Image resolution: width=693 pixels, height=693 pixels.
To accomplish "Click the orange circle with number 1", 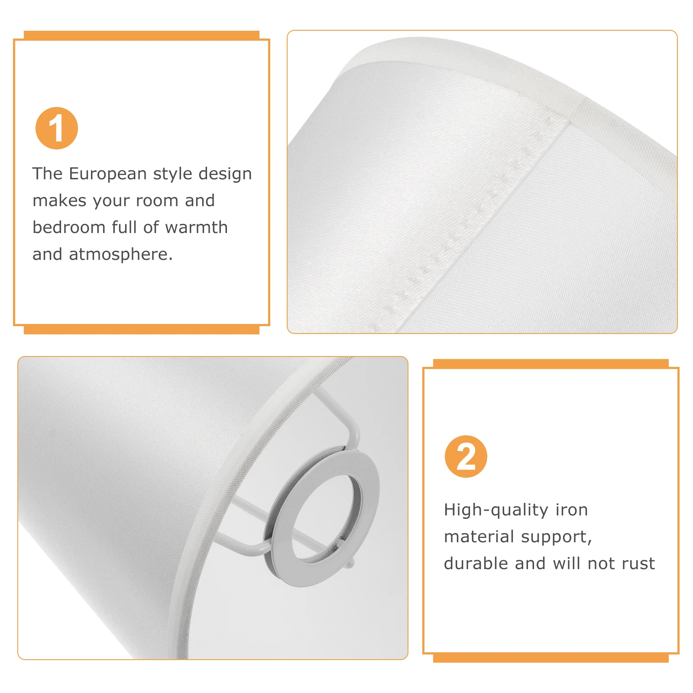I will click(57, 128).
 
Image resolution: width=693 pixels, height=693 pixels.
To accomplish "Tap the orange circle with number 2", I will click(466, 457).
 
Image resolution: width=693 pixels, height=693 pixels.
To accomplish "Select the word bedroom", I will click(69, 227).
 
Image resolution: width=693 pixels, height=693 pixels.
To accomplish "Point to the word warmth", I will click(196, 227).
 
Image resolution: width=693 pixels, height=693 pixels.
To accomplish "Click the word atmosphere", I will click(121, 255).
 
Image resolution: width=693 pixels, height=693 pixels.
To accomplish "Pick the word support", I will click(557, 537).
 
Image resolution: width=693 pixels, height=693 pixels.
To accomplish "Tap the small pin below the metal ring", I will click(350, 563).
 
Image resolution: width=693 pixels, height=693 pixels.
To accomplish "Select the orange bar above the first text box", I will click(141, 36).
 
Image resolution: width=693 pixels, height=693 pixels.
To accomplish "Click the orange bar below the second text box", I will click(551, 658).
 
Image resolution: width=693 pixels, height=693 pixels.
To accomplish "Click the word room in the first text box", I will click(157, 201).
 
